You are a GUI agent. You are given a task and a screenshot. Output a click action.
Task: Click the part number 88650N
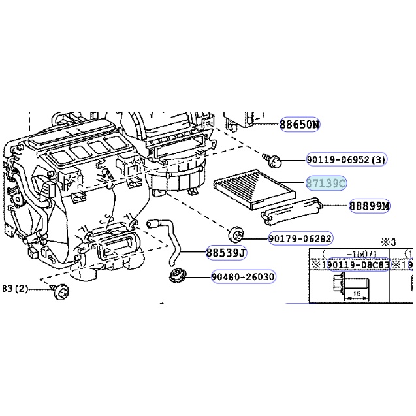(299, 124)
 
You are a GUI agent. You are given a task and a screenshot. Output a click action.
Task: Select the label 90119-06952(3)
(346, 159)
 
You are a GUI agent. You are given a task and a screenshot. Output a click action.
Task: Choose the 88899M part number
(368, 206)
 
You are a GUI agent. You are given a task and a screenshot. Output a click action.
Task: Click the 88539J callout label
(225, 252)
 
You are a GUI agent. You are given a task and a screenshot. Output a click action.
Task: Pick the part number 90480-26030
(242, 277)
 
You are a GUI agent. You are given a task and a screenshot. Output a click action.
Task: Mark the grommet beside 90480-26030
(177, 275)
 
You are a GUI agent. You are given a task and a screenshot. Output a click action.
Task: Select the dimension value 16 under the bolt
(357, 294)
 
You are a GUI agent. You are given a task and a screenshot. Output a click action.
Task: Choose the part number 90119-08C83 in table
(357, 264)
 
